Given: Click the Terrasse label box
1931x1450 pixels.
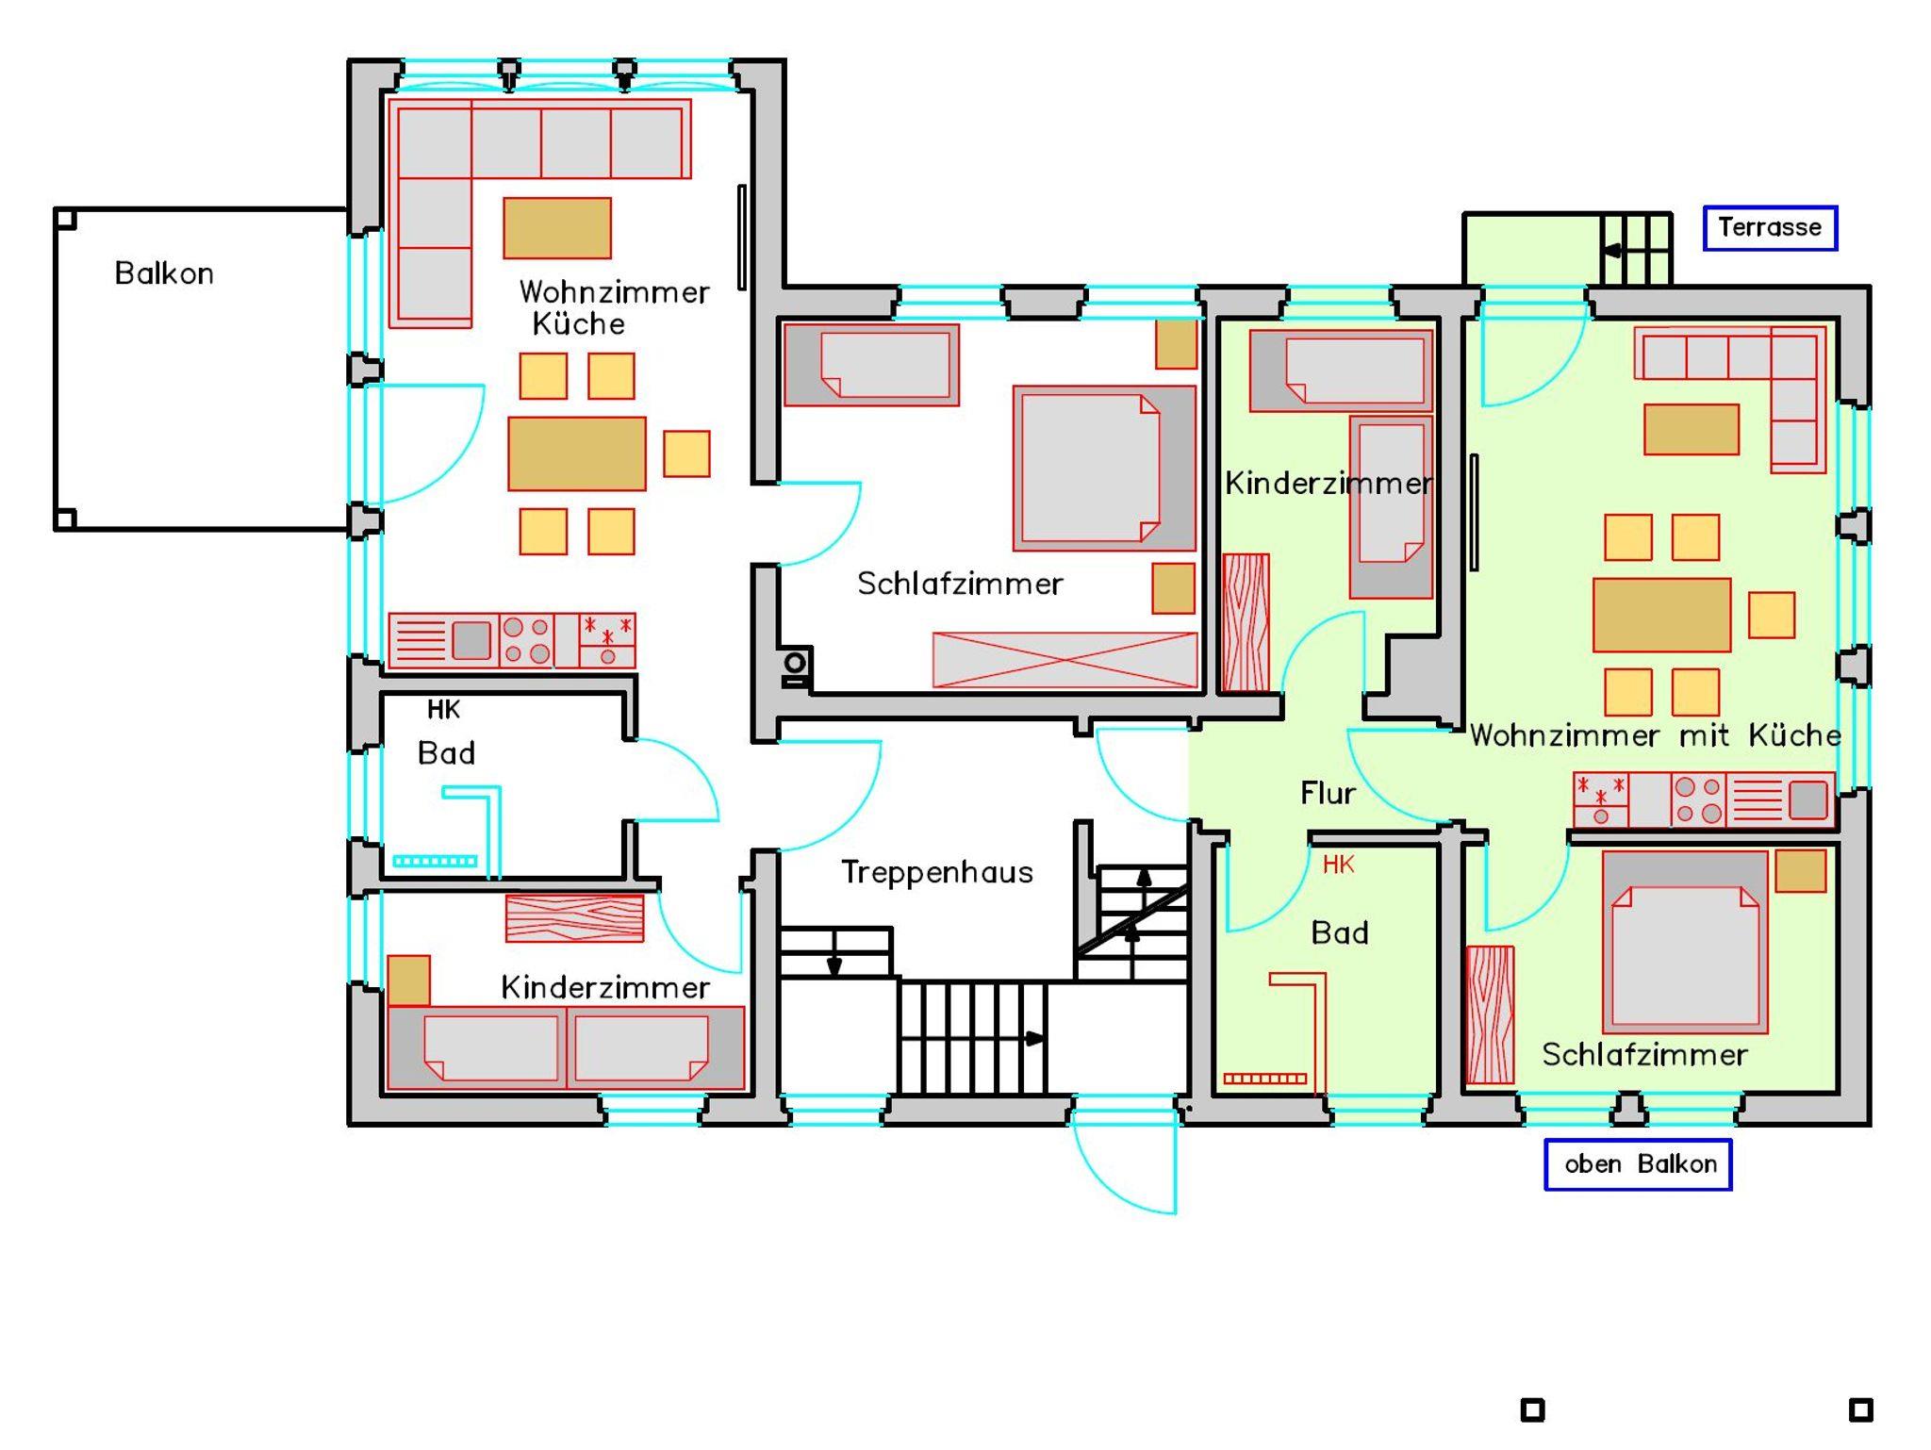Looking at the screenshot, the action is click(x=1770, y=227).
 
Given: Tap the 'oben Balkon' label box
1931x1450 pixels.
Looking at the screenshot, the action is click(x=1638, y=1164).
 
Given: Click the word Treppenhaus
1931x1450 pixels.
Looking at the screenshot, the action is click(x=936, y=872).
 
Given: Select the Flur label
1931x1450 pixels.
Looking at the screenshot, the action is click(x=1328, y=793).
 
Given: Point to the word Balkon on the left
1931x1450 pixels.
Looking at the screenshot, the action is click(x=164, y=273).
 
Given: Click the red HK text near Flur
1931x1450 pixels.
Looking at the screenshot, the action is click(x=1338, y=864).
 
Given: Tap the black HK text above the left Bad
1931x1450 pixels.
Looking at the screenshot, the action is click(x=443, y=709).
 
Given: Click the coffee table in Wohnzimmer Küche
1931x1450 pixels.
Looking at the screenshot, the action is click(x=557, y=227).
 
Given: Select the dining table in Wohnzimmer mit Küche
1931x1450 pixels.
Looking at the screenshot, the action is click(x=1661, y=615).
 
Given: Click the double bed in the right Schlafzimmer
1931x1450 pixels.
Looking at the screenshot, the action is click(x=1685, y=942).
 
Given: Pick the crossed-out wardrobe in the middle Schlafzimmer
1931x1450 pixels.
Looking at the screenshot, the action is click(x=1065, y=659).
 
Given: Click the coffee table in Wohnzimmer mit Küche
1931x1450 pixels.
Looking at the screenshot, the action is click(x=1692, y=429).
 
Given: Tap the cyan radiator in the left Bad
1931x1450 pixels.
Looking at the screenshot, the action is click(x=435, y=861).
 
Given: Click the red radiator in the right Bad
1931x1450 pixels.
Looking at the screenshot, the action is click(x=1264, y=1079).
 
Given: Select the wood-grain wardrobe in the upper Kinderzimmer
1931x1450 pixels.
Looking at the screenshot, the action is click(x=1246, y=622).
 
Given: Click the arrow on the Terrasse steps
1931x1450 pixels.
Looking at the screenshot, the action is click(x=1611, y=251).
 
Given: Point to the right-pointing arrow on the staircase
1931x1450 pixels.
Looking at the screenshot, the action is click(x=1035, y=1039).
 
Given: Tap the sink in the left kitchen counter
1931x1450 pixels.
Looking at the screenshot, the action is click(x=471, y=640).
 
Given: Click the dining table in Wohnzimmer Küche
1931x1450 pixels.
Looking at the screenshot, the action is click(x=577, y=453).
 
